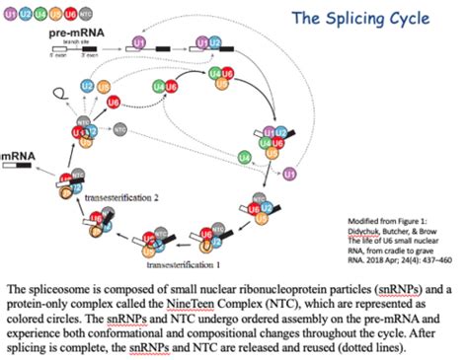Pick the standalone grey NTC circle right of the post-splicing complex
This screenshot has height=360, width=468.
120,128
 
